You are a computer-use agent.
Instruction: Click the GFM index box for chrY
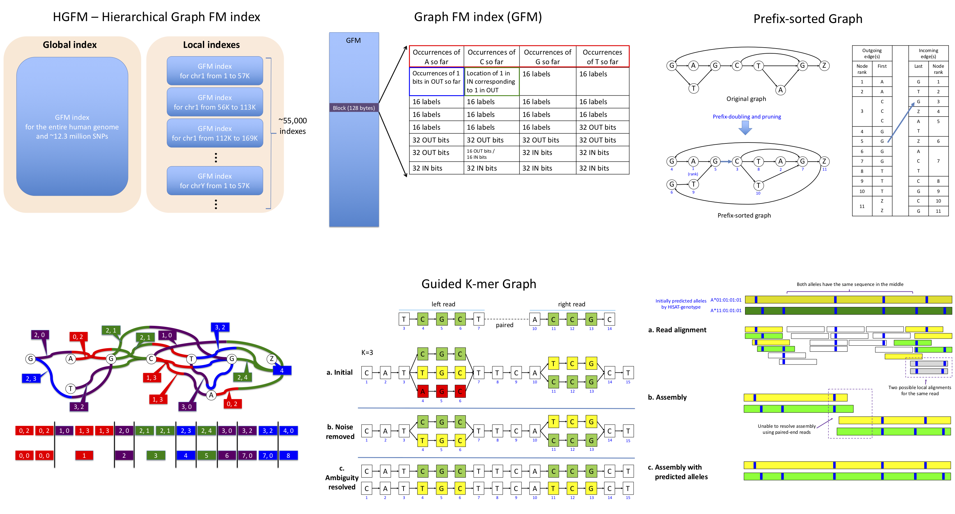pos(215,181)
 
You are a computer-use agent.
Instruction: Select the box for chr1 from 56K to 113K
pos(215,102)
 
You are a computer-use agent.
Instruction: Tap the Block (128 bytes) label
pos(354,108)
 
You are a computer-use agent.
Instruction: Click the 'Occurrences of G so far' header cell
pos(547,57)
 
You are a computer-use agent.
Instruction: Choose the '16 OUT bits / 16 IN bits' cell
pos(491,154)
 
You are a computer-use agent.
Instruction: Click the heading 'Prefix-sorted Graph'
pos(807,19)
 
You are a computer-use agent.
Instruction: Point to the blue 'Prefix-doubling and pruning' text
pos(747,117)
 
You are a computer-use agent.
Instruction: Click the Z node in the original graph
pos(824,65)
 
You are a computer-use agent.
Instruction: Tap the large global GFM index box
pos(72,127)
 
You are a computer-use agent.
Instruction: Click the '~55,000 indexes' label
pos(292,126)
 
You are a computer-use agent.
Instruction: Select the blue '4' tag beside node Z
pos(282,370)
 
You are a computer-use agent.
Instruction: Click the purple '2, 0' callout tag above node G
pos(39,335)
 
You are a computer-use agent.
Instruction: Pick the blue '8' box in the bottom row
pos(288,456)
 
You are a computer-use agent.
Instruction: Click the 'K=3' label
pos(367,352)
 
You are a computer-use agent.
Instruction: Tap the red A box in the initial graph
pos(422,391)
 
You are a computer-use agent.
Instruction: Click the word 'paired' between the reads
pos(504,325)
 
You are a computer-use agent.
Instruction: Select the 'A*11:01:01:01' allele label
pos(726,311)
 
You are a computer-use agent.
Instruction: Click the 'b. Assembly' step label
pos(667,397)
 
